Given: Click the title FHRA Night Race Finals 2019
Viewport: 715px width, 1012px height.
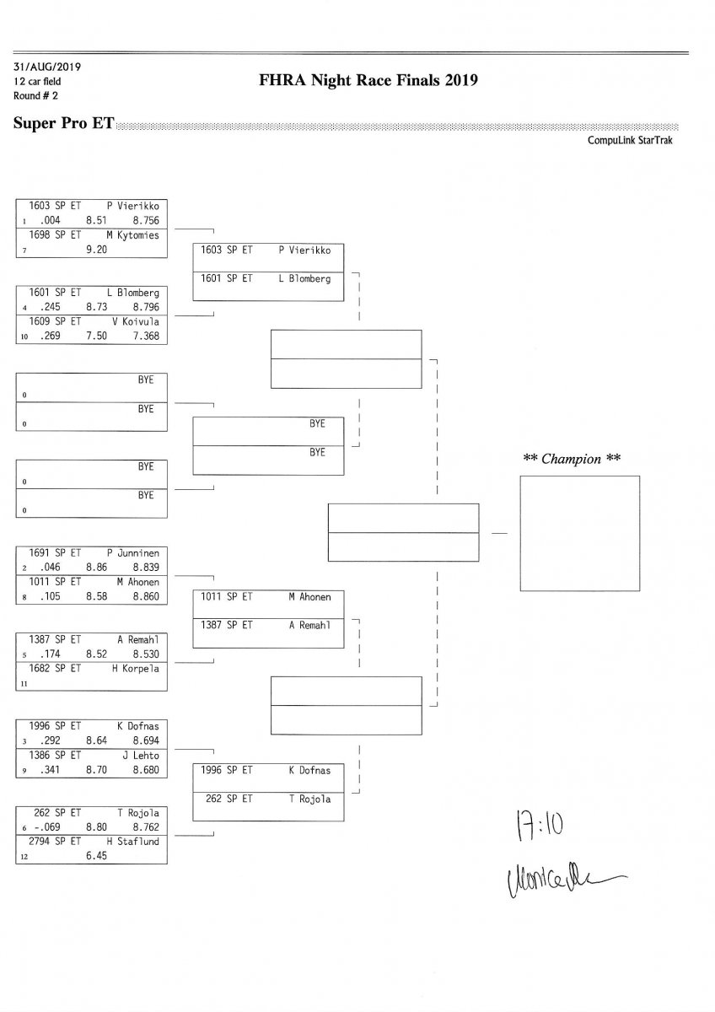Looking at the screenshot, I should (370, 81).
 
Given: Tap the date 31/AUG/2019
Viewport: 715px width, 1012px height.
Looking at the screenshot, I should (47, 67).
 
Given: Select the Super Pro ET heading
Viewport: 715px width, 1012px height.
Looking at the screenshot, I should (64, 123).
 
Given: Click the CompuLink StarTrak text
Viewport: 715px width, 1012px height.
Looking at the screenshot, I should (630, 141).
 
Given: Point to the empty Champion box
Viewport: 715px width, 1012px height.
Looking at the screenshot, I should (579, 533).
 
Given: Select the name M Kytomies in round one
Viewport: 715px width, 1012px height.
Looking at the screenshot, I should (132, 235).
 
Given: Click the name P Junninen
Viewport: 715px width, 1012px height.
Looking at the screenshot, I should (132, 553).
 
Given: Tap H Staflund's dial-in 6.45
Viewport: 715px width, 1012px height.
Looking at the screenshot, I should (96, 856).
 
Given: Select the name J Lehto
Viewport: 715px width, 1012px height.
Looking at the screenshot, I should (141, 756).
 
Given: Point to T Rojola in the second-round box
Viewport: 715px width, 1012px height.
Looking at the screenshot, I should (309, 799).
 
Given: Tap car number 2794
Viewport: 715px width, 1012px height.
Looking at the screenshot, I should (40, 842).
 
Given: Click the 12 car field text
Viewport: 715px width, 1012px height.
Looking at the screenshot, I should (37, 82).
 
